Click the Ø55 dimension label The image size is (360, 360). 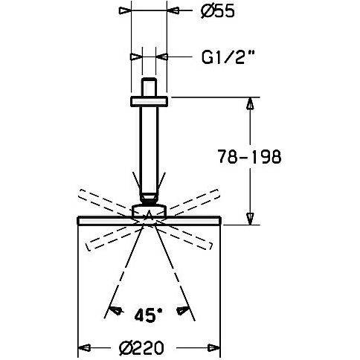click(217, 12)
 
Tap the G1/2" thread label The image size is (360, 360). click(228, 57)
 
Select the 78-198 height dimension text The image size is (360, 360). click(249, 156)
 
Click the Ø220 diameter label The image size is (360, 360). click(141, 348)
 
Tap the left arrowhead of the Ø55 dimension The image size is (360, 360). click(125, 11)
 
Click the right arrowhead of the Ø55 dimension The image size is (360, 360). click(173, 11)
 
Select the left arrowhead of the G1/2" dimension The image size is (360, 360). click(136, 57)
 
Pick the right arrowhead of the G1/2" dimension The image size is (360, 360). click(161, 57)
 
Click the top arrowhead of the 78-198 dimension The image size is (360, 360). click(250, 103)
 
